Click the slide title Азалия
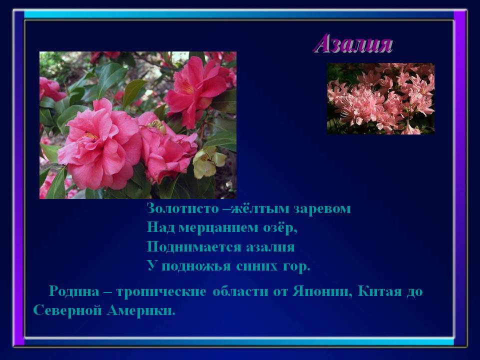pos(353,44)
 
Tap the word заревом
pos(322,209)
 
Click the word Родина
pos(74,291)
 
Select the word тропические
pos(161,291)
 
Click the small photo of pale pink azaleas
pos(380,98)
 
